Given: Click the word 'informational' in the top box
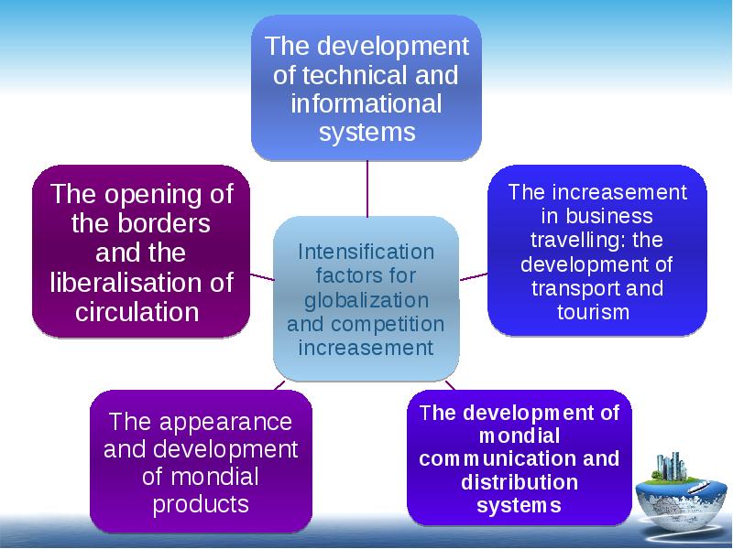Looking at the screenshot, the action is [366, 103].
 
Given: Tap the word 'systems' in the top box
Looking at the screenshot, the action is [367, 132].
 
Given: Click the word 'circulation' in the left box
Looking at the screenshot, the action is [137, 312].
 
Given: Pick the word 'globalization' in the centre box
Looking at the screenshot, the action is [366, 300].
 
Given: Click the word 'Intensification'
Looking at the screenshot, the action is [366, 253].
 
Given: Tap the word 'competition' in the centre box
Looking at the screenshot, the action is [388, 325].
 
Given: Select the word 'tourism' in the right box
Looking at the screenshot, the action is [593, 312].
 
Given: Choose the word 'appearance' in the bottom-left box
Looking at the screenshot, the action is [225, 423].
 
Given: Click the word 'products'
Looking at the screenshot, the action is [201, 504].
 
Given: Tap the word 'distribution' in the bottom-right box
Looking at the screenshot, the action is [520, 482].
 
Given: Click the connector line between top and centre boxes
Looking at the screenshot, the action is [367, 188].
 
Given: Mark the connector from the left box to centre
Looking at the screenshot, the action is [262, 277].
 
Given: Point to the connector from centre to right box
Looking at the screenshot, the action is [473, 277].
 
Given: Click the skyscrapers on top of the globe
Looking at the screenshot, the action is [672, 466].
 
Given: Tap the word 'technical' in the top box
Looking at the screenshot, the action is [356, 75].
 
